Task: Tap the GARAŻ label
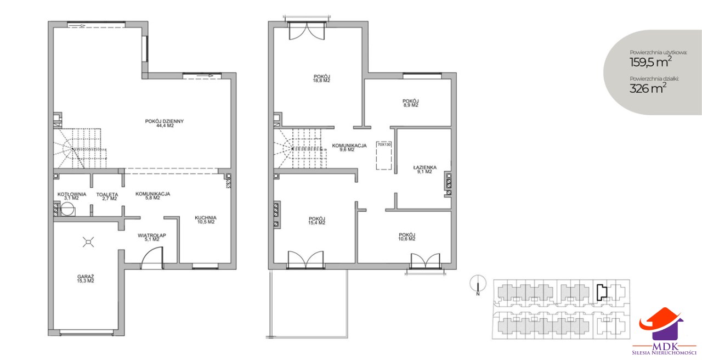click(86, 279)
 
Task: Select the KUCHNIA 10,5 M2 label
click(206, 220)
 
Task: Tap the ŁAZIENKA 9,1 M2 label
click(424, 170)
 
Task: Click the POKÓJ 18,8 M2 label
click(322, 78)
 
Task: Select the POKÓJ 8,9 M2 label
click(411, 103)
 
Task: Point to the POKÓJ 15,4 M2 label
click(317, 221)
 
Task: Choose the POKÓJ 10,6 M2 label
click(407, 237)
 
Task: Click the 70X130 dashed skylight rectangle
click(384, 155)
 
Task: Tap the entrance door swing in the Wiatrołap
click(152, 258)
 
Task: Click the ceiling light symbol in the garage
click(88, 242)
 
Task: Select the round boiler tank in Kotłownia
click(67, 209)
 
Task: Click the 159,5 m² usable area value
click(650, 62)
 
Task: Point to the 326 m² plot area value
click(648, 88)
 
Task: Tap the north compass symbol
click(478, 285)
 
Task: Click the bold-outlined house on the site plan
click(602, 292)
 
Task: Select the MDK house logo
click(662, 333)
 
